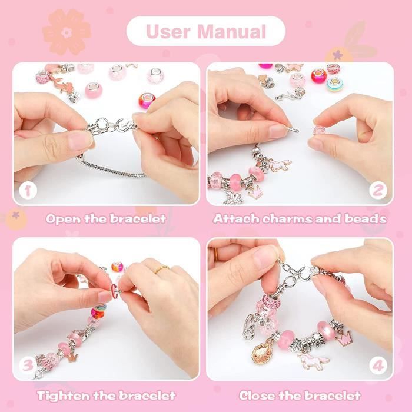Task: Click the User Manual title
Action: point(206,32)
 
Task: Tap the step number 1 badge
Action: point(28,190)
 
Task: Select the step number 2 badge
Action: point(378,190)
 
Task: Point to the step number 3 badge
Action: point(28,366)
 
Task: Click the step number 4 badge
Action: point(378,366)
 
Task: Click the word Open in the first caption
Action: point(63,219)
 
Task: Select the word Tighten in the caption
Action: point(62,396)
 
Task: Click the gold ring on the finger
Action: point(162,269)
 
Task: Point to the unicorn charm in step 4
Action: point(313,360)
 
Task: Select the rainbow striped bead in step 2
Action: point(334,84)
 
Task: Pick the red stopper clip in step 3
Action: point(114,291)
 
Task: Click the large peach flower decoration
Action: point(67,32)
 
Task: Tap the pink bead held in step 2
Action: point(319,130)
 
